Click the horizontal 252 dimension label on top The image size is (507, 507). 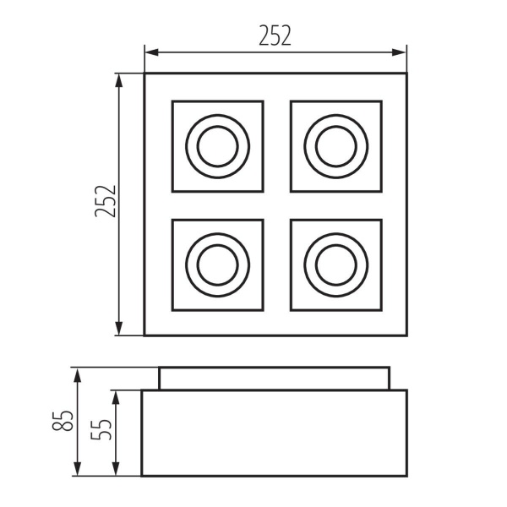pos(275,35)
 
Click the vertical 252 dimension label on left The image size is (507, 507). pos(104,203)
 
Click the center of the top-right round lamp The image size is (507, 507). pos(335,146)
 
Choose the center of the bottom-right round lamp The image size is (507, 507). pos(335,264)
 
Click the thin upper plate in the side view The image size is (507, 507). pos(275,379)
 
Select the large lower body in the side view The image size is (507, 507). pos(275,433)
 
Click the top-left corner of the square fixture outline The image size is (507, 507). pos(144,74)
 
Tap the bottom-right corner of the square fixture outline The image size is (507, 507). pos(406,335)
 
